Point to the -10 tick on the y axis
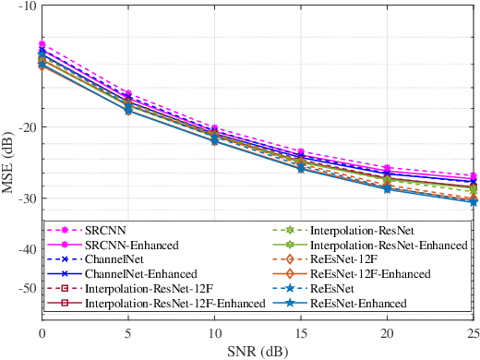click(27, 6)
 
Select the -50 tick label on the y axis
click(27, 287)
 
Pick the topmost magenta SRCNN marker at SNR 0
click(42, 44)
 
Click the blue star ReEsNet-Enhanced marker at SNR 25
click(473, 201)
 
